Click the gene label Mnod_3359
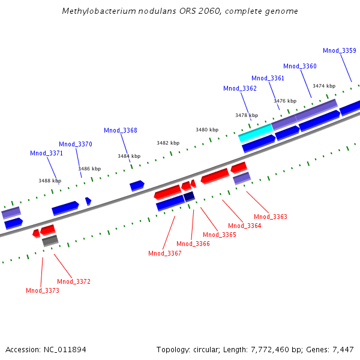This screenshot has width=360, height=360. coord(339,51)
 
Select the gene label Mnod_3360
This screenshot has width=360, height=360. coord(299,66)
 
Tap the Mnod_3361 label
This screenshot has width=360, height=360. coord(268,78)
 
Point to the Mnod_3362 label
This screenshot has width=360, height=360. coord(239,88)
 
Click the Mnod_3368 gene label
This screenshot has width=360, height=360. coord(120,130)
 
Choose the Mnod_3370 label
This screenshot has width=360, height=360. coord(75,144)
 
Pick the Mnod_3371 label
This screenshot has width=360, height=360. coord(46,153)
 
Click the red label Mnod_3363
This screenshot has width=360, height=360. coord(270,217)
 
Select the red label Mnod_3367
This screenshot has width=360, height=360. coord(164,253)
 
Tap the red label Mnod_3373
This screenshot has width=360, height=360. coord(42,290)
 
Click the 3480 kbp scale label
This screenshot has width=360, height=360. coord(207,130)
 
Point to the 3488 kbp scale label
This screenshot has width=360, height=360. coord(50,181)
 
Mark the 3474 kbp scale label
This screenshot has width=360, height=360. coord(324,86)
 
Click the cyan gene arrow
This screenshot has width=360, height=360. coord(256,133)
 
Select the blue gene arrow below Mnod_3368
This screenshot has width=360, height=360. coord(137,185)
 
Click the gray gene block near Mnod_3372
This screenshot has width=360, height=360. coord(50,241)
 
